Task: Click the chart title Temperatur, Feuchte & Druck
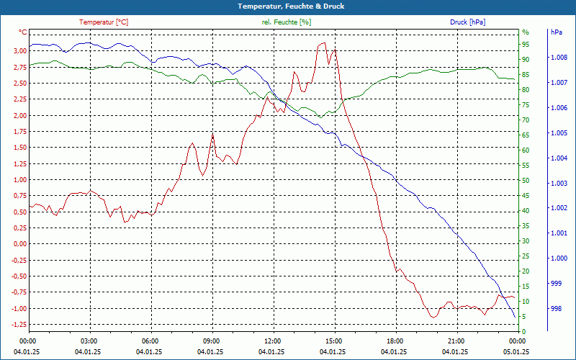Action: [288, 6]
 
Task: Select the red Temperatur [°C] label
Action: [104, 22]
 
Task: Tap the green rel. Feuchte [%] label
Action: [287, 22]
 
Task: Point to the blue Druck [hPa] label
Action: [469, 22]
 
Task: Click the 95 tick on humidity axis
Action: [526, 44]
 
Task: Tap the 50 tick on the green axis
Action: [526, 180]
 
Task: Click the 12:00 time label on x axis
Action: [273, 341]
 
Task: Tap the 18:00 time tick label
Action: [395, 341]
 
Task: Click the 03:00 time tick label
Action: [89, 341]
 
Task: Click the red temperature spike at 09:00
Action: [212, 134]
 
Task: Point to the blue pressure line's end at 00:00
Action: [515, 317]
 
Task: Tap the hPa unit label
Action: [556, 32]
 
